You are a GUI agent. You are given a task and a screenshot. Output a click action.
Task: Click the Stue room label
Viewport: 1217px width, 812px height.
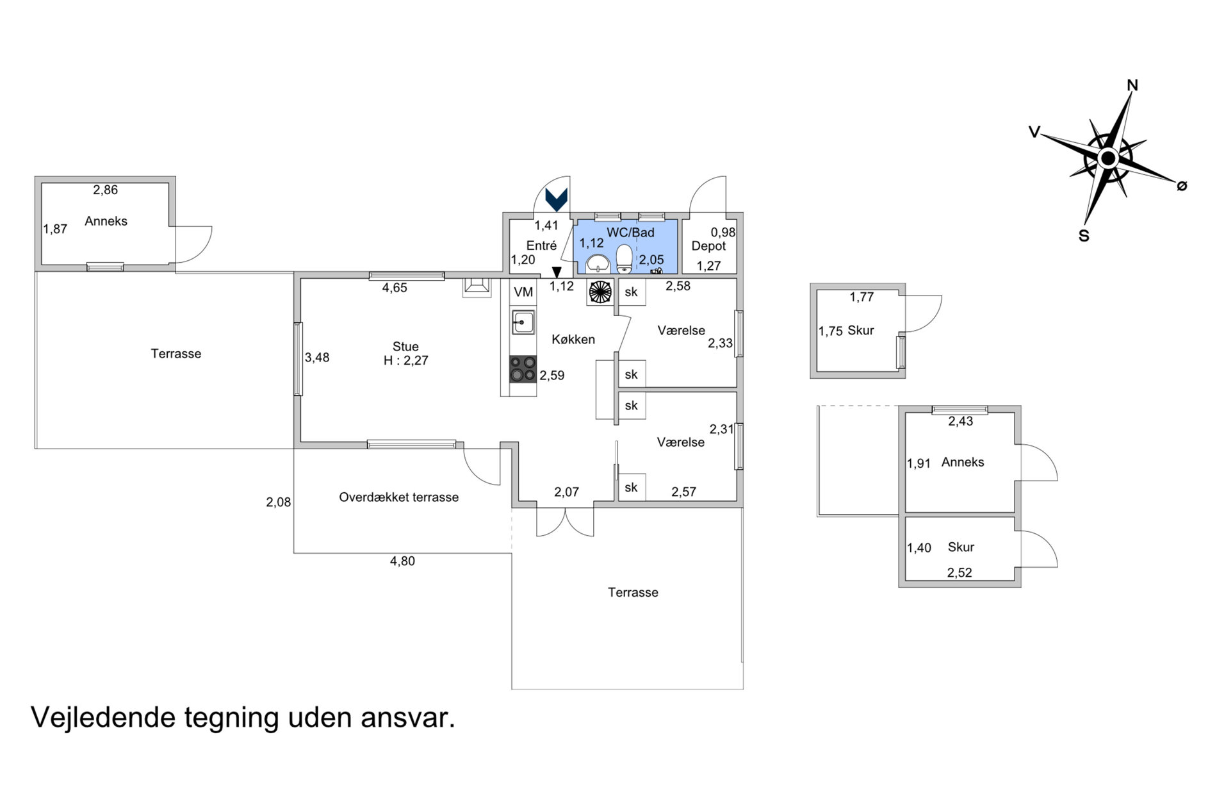[405, 347]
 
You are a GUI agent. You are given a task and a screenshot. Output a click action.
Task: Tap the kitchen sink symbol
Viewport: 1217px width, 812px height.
[523, 322]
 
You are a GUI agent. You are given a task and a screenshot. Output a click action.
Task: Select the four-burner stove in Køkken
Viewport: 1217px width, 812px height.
[523, 370]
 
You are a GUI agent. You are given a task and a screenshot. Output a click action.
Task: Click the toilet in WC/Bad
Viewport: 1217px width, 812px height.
[625, 259]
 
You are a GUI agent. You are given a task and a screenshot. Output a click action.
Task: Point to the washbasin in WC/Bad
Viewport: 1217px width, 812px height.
[598, 263]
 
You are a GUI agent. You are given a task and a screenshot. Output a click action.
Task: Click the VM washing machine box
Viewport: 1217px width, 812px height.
[523, 292]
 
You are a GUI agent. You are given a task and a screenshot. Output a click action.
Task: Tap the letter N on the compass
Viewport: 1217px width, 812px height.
[1132, 85]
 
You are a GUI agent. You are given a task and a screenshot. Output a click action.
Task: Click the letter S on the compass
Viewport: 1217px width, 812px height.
[1084, 236]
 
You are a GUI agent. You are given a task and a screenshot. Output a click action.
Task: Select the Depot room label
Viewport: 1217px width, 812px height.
[708, 246]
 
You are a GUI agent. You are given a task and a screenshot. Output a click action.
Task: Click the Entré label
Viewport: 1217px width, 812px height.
[541, 245]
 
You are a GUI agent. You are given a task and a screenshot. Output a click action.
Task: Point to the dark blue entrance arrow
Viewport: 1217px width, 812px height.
[556, 199]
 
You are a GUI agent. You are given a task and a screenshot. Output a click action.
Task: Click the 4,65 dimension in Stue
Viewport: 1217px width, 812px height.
[395, 288]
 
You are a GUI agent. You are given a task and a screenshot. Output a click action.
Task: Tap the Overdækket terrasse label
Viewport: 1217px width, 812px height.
[398, 497]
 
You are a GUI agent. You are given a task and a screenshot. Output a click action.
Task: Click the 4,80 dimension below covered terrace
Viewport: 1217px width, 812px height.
[402, 561]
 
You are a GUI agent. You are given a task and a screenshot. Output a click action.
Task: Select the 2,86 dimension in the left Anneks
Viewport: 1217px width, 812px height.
[106, 190]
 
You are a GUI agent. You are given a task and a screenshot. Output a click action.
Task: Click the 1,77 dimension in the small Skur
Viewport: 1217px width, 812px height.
[862, 297]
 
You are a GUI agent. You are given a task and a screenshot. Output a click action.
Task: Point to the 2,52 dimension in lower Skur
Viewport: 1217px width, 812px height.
[960, 573]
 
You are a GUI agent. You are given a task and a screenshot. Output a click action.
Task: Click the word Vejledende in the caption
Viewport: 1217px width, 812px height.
[103, 718]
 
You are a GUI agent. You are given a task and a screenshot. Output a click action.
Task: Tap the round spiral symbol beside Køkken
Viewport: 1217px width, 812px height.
[600, 292]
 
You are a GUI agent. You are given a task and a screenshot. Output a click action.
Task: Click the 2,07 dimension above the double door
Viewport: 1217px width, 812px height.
[566, 492]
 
